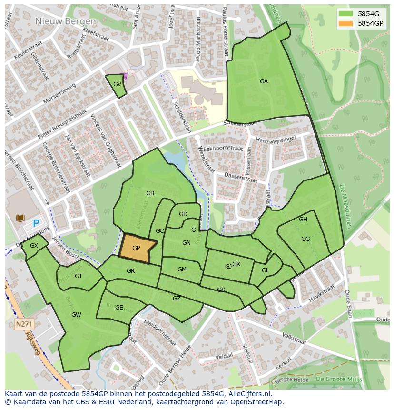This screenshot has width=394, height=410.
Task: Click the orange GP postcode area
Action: [x=137, y=248]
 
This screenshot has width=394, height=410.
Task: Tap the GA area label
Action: [x=264, y=81]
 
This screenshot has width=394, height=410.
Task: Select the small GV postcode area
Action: [x=117, y=85]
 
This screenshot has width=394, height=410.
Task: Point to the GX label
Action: [x=34, y=246]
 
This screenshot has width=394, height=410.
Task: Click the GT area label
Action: [x=79, y=276]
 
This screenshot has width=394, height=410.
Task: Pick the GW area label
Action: [x=76, y=315]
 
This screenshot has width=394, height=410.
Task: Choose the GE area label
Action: [x=119, y=308]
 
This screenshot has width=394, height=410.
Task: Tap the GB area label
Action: [x=150, y=193]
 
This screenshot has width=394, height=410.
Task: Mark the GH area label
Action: [x=303, y=220]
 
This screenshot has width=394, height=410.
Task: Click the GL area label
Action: [x=266, y=270]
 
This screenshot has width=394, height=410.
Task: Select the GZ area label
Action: [x=177, y=299]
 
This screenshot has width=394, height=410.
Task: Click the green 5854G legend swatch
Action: [x=345, y=13]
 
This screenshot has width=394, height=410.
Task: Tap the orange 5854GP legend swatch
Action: [x=345, y=23]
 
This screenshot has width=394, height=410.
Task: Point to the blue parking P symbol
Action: [x=36, y=222]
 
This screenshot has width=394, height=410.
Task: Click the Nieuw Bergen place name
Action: [x=65, y=21]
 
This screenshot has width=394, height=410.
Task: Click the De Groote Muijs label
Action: [x=339, y=379]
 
